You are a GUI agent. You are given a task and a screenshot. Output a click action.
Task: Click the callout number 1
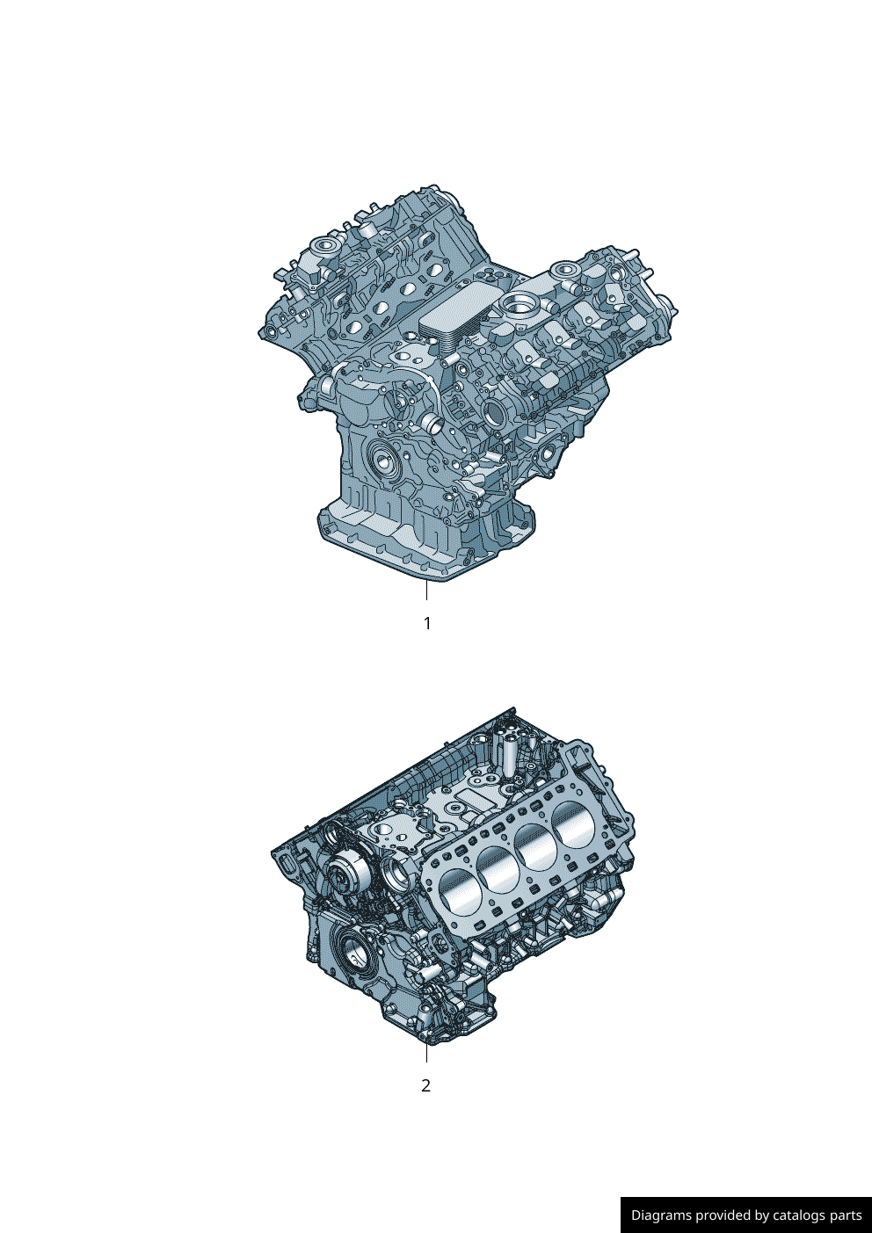click(426, 624)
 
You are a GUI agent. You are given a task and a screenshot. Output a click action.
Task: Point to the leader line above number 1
click(426, 590)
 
